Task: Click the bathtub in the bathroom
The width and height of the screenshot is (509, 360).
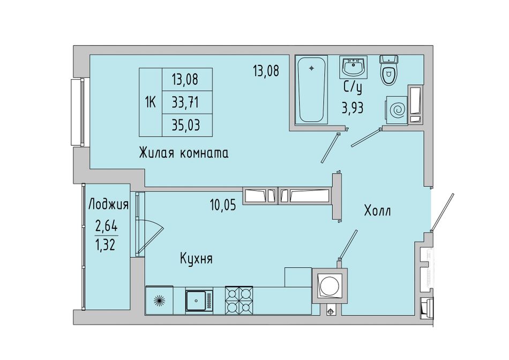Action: [x=312, y=90]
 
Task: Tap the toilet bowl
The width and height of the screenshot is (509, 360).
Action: [x=388, y=70]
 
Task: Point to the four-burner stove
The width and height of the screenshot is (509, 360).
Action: [x=239, y=300]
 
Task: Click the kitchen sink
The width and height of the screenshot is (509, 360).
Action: [x=199, y=301]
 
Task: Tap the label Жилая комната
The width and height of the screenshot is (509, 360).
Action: [x=184, y=152]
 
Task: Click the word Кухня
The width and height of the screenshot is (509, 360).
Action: [x=197, y=259]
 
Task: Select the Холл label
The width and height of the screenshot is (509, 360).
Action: [x=377, y=211]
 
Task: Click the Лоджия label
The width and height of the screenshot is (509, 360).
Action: [x=108, y=205]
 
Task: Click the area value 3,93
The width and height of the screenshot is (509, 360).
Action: [x=352, y=108]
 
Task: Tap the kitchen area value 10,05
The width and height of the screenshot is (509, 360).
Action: [x=223, y=205]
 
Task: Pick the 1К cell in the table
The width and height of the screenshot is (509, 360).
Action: [x=151, y=102]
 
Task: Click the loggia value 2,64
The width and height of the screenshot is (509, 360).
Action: [x=107, y=224]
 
